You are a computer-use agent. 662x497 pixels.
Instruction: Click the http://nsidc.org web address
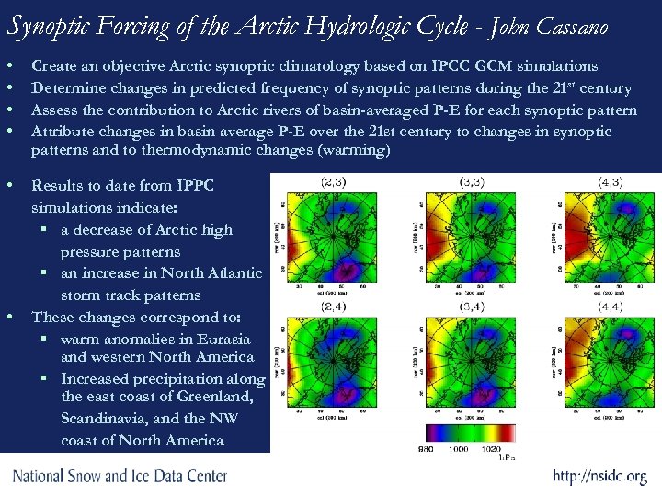599,477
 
